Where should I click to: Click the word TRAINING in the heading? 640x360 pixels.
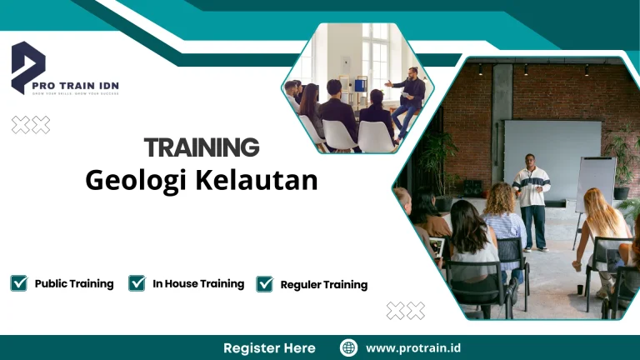coord(202,147)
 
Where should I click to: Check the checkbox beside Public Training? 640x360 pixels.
coord(18,283)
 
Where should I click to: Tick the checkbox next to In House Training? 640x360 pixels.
coord(137,283)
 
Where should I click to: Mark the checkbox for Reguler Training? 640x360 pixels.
coord(265,284)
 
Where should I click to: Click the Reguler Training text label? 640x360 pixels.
coord(323,285)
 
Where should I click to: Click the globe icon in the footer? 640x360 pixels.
coord(349,347)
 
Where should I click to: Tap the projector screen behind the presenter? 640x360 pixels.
coord(552,154)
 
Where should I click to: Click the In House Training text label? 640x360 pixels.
coord(198,284)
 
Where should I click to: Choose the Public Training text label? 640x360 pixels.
coord(74,284)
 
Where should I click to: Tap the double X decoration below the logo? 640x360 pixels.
coord(31,125)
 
